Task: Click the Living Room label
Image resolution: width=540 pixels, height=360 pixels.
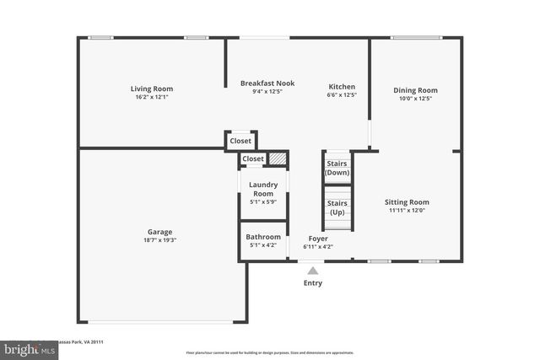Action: pos(152,89)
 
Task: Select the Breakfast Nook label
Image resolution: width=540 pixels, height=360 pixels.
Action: pos(267,83)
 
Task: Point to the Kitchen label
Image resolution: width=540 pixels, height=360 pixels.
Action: pos(342,87)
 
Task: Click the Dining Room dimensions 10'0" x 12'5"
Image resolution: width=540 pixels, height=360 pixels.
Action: pos(415,99)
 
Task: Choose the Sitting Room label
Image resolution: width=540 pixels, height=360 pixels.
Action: pos(407,202)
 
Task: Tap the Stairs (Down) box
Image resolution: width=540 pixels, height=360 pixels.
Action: pos(337,167)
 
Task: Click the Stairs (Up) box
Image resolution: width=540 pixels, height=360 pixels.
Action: pos(337,207)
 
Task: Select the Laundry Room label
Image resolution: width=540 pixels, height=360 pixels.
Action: pos(263,189)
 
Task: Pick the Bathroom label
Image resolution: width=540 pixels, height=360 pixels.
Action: pos(263,237)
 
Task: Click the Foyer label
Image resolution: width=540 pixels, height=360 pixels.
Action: pos(317,239)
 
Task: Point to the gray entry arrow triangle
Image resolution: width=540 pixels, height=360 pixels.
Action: pos(313,271)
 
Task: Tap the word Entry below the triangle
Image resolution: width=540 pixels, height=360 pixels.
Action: pos(313,283)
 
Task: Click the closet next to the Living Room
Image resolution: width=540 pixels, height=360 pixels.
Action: pos(240,141)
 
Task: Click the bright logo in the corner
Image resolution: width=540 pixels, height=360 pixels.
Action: pos(29,348)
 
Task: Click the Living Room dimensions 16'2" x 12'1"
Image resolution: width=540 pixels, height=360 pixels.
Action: pos(152,98)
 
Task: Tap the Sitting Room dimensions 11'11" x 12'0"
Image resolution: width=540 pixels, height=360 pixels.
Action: pos(407,211)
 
